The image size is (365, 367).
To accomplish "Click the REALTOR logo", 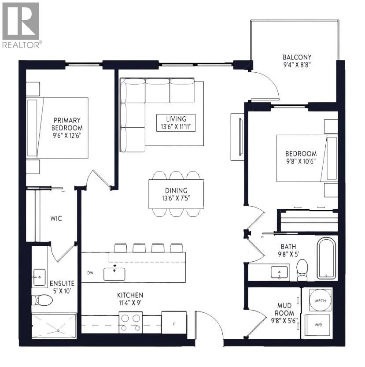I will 21,25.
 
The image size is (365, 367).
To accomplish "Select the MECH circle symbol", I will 320,300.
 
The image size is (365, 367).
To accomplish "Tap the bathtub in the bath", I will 326,259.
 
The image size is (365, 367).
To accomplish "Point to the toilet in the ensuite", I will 43,300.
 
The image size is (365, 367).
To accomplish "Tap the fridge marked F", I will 174,323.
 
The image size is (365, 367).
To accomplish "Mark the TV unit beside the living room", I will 238,136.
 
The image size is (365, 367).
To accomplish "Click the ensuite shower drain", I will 58,330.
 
